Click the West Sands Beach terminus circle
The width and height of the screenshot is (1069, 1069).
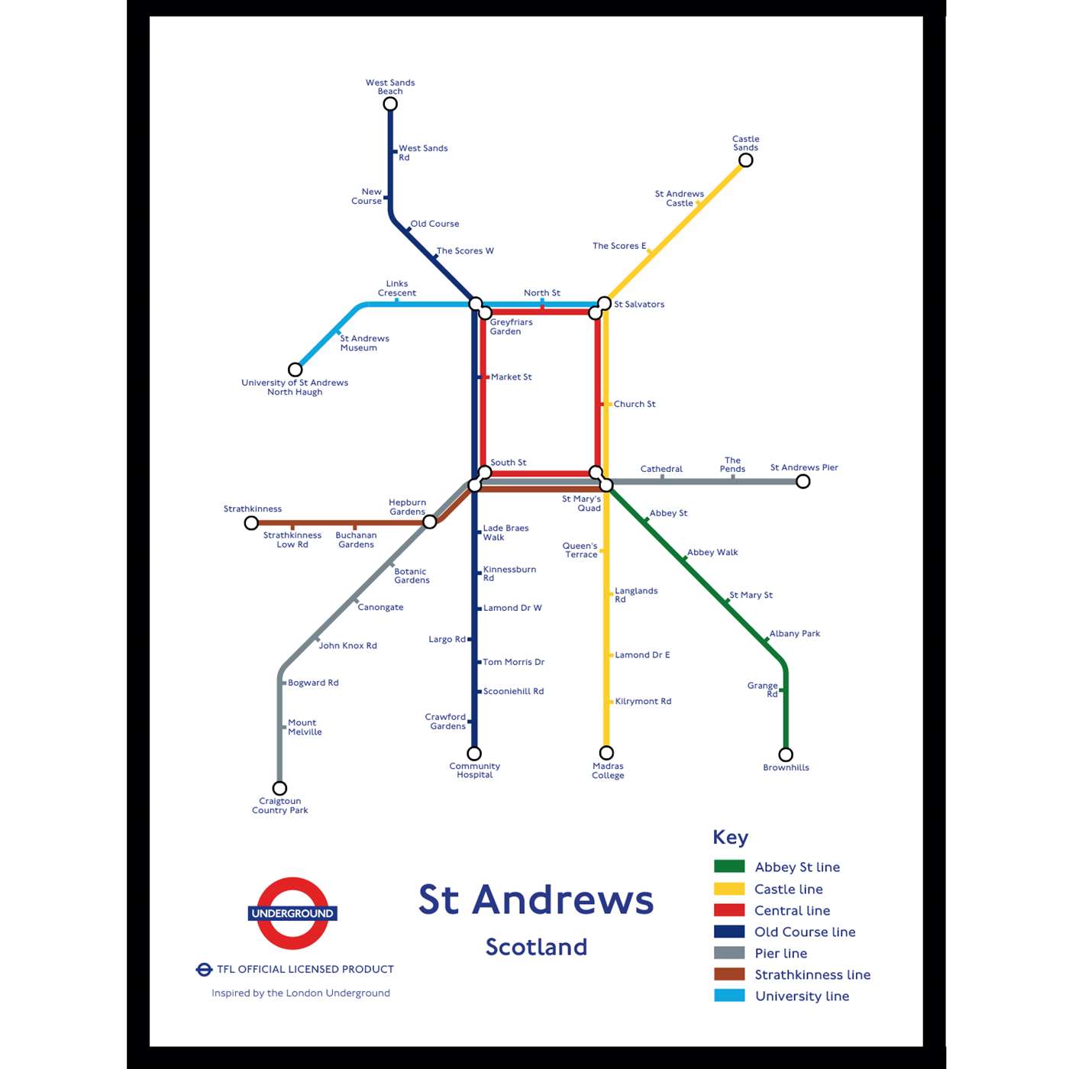tap(390, 104)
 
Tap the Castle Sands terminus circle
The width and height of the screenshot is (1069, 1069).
tap(746, 160)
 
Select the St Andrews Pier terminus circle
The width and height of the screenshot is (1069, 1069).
tap(803, 481)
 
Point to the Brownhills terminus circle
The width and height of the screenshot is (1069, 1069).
tap(786, 754)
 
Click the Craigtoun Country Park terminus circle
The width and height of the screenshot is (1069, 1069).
tap(280, 788)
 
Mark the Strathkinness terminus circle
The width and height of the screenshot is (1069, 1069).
tap(251, 523)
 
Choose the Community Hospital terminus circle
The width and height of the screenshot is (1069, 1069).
tap(474, 754)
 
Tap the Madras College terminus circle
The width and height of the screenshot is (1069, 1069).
tap(607, 753)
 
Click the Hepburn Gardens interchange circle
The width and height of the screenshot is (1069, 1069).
tap(430, 522)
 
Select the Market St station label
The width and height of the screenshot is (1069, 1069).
tap(512, 377)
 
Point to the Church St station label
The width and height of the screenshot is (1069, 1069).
tap(635, 404)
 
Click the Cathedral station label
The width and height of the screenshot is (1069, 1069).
tap(661, 469)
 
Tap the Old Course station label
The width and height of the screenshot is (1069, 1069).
tap(434, 224)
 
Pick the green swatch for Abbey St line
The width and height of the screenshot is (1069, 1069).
tap(729, 867)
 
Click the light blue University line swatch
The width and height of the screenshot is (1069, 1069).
tap(729, 996)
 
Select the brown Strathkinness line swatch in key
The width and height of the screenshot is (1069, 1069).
tap(729, 974)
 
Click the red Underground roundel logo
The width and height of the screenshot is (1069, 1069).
tap(292, 913)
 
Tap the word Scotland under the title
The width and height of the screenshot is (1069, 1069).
tap(537, 947)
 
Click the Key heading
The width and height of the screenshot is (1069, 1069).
tap(730, 837)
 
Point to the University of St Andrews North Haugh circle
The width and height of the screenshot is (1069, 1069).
tap(295, 370)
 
